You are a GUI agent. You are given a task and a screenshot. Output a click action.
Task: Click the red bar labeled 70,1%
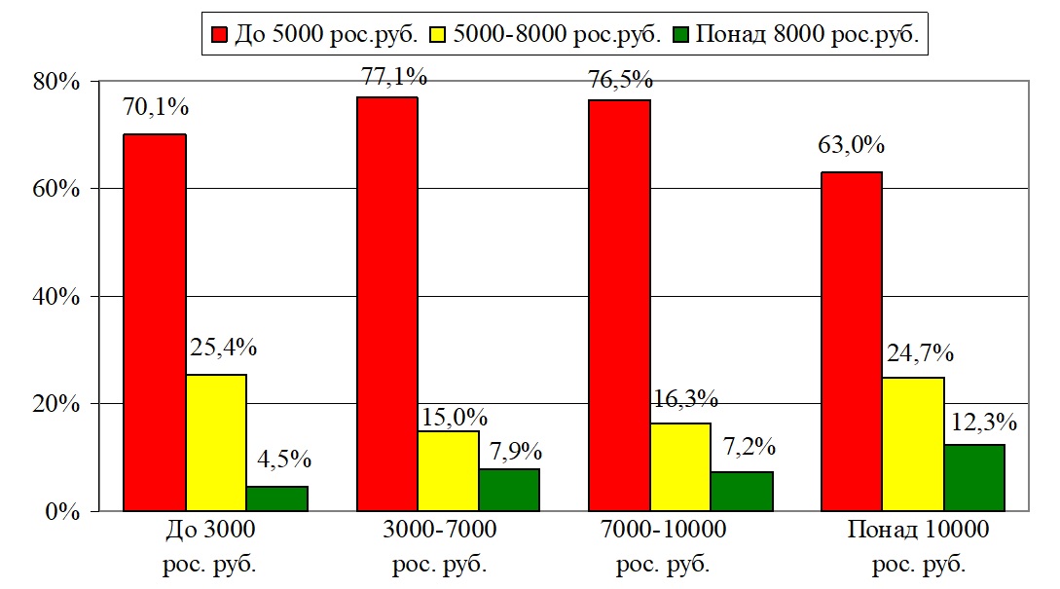[154, 321]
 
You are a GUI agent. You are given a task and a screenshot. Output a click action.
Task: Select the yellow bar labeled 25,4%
[216, 443]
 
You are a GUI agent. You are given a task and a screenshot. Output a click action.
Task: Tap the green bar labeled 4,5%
[277, 498]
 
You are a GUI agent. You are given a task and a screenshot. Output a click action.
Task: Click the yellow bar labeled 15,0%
[448, 471]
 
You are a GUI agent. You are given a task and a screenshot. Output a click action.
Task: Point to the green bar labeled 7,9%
[509, 490]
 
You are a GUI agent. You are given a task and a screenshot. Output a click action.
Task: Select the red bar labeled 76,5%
[619, 306]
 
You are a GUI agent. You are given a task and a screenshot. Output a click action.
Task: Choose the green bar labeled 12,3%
[974, 478]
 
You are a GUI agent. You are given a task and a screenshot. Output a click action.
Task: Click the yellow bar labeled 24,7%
[913, 444]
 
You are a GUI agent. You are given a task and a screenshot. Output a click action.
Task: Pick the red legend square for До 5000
[217, 35]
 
